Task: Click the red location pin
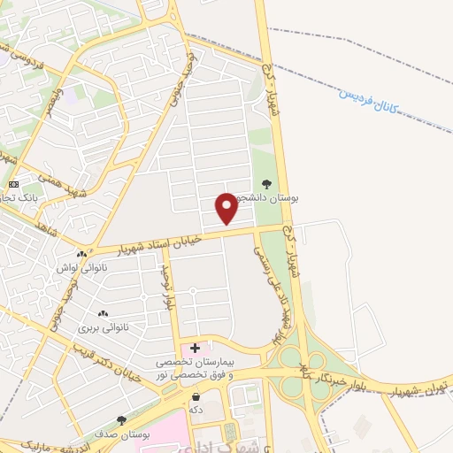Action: [x=226, y=208]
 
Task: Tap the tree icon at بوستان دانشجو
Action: [x=266, y=184]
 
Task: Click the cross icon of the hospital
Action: [x=195, y=349]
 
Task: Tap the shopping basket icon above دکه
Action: [x=195, y=397]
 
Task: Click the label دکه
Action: [x=195, y=411]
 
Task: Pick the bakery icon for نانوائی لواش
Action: [x=81, y=255]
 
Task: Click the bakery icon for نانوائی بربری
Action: [x=104, y=313]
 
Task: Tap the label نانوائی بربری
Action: [x=104, y=327]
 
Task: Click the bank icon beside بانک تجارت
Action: [x=12, y=183]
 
